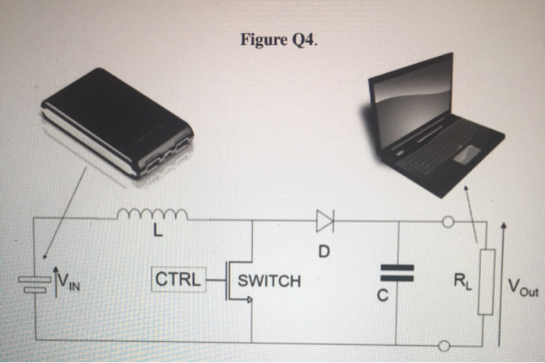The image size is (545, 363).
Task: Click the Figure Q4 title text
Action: coord(280,40)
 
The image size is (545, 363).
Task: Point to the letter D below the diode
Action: coord(324,252)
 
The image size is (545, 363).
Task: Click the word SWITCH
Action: coord(269,281)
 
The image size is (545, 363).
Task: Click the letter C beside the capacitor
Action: coord(398,297)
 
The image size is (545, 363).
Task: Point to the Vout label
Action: coord(521,290)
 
